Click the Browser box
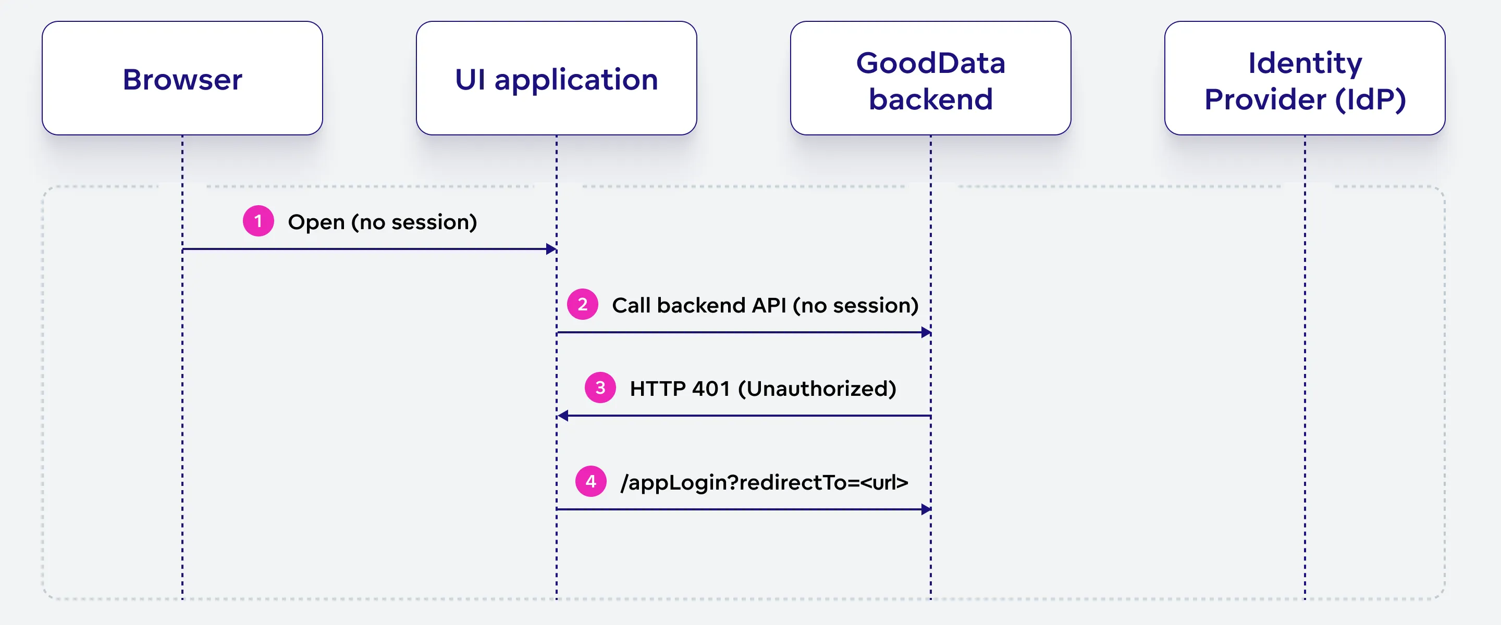click(182, 78)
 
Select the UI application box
click(556, 78)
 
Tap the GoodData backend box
click(930, 78)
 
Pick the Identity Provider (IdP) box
click(1304, 78)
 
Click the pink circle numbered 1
click(258, 221)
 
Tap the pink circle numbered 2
click(582, 304)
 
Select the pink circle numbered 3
click(600, 387)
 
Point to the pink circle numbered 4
click(591, 481)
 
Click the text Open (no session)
click(382, 222)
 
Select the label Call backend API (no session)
click(765, 305)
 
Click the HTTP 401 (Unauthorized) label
click(762, 389)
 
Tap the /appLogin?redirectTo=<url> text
click(764, 482)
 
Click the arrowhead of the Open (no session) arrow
click(551, 249)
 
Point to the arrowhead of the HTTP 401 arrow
click(563, 416)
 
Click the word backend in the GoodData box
click(930, 99)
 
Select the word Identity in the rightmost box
click(1304, 63)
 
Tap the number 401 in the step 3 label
click(711, 389)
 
